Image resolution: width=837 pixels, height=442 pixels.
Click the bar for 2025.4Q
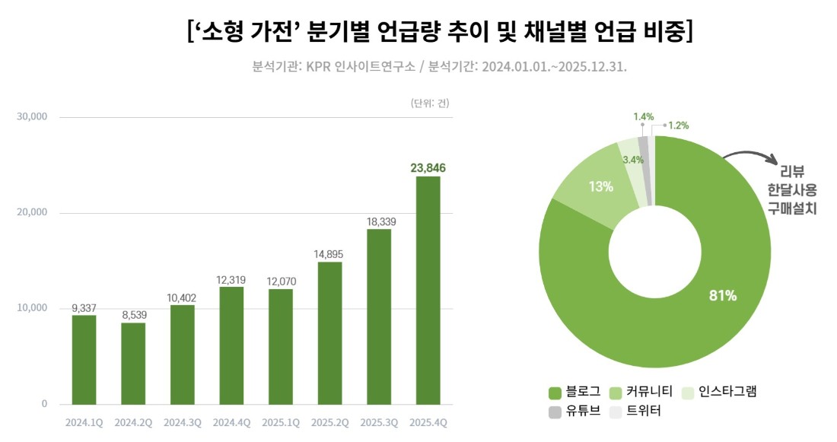[x=428, y=290]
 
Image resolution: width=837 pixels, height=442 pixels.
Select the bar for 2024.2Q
[x=133, y=363]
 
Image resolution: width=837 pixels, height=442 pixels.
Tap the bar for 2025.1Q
[x=280, y=346]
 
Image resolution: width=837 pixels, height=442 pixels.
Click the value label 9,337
[x=84, y=307]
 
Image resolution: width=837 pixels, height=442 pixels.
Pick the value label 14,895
[x=329, y=254]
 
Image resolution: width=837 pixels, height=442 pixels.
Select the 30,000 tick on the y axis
[x=31, y=117]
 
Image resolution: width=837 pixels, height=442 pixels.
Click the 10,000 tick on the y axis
[x=31, y=308]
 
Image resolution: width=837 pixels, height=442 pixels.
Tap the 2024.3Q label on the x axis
[x=183, y=421]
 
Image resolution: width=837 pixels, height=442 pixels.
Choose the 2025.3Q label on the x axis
[x=379, y=421]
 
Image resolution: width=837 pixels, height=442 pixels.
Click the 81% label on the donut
[x=722, y=295]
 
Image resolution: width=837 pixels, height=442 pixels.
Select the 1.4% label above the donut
[x=643, y=117]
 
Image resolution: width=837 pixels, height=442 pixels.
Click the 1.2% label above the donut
[x=678, y=125]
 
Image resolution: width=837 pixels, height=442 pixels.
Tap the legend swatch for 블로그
[x=555, y=393]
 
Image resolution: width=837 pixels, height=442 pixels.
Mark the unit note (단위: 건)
[x=430, y=103]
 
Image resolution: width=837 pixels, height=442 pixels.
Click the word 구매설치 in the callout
[x=792, y=208]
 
